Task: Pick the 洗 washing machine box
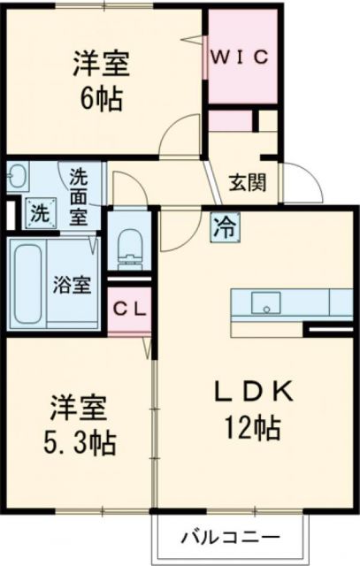pos(38,211)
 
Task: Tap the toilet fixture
pos(129,242)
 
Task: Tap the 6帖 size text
pos(101,96)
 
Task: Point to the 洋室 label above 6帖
pos(101,63)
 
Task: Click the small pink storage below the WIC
pos(231,120)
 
